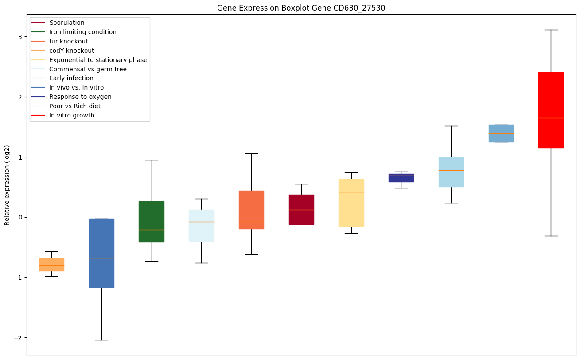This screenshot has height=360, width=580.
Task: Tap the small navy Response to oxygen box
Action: click(x=401, y=178)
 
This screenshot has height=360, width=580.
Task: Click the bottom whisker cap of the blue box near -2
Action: click(x=101, y=340)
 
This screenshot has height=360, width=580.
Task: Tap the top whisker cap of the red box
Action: click(x=551, y=30)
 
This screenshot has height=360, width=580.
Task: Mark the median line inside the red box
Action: click(x=551, y=118)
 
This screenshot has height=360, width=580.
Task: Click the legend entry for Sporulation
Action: click(x=67, y=23)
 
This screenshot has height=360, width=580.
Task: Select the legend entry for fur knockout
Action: click(x=69, y=41)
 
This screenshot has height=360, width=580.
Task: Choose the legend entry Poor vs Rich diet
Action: click(x=75, y=106)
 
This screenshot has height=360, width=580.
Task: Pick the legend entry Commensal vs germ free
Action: click(x=88, y=69)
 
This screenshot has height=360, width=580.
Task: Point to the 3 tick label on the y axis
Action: click(x=19, y=36)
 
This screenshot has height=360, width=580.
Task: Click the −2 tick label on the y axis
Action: click(x=17, y=338)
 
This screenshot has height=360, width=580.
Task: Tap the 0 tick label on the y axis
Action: click(x=19, y=217)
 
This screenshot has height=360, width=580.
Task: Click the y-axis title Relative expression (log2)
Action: click(x=7, y=185)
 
